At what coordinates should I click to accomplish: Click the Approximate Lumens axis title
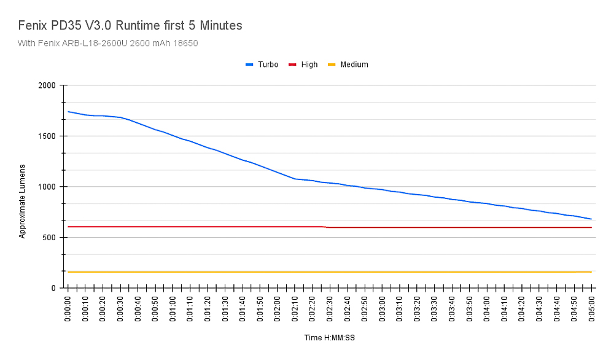click(x=23, y=201)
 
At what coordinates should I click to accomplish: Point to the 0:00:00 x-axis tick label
click(x=68, y=310)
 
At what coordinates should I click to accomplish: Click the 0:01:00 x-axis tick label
click(x=173, y=310)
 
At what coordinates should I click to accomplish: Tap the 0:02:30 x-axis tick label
click(x=330, y=310)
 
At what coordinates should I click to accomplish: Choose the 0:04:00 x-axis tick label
click(x=487, y=310)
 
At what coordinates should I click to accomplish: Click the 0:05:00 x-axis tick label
click(x=591, y=310)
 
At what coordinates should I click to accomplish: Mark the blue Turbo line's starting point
click(x=68, y=112)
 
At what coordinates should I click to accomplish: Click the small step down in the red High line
click(x=325, y=227)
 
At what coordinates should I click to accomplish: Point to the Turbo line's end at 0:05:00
click(x=591, y=219)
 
